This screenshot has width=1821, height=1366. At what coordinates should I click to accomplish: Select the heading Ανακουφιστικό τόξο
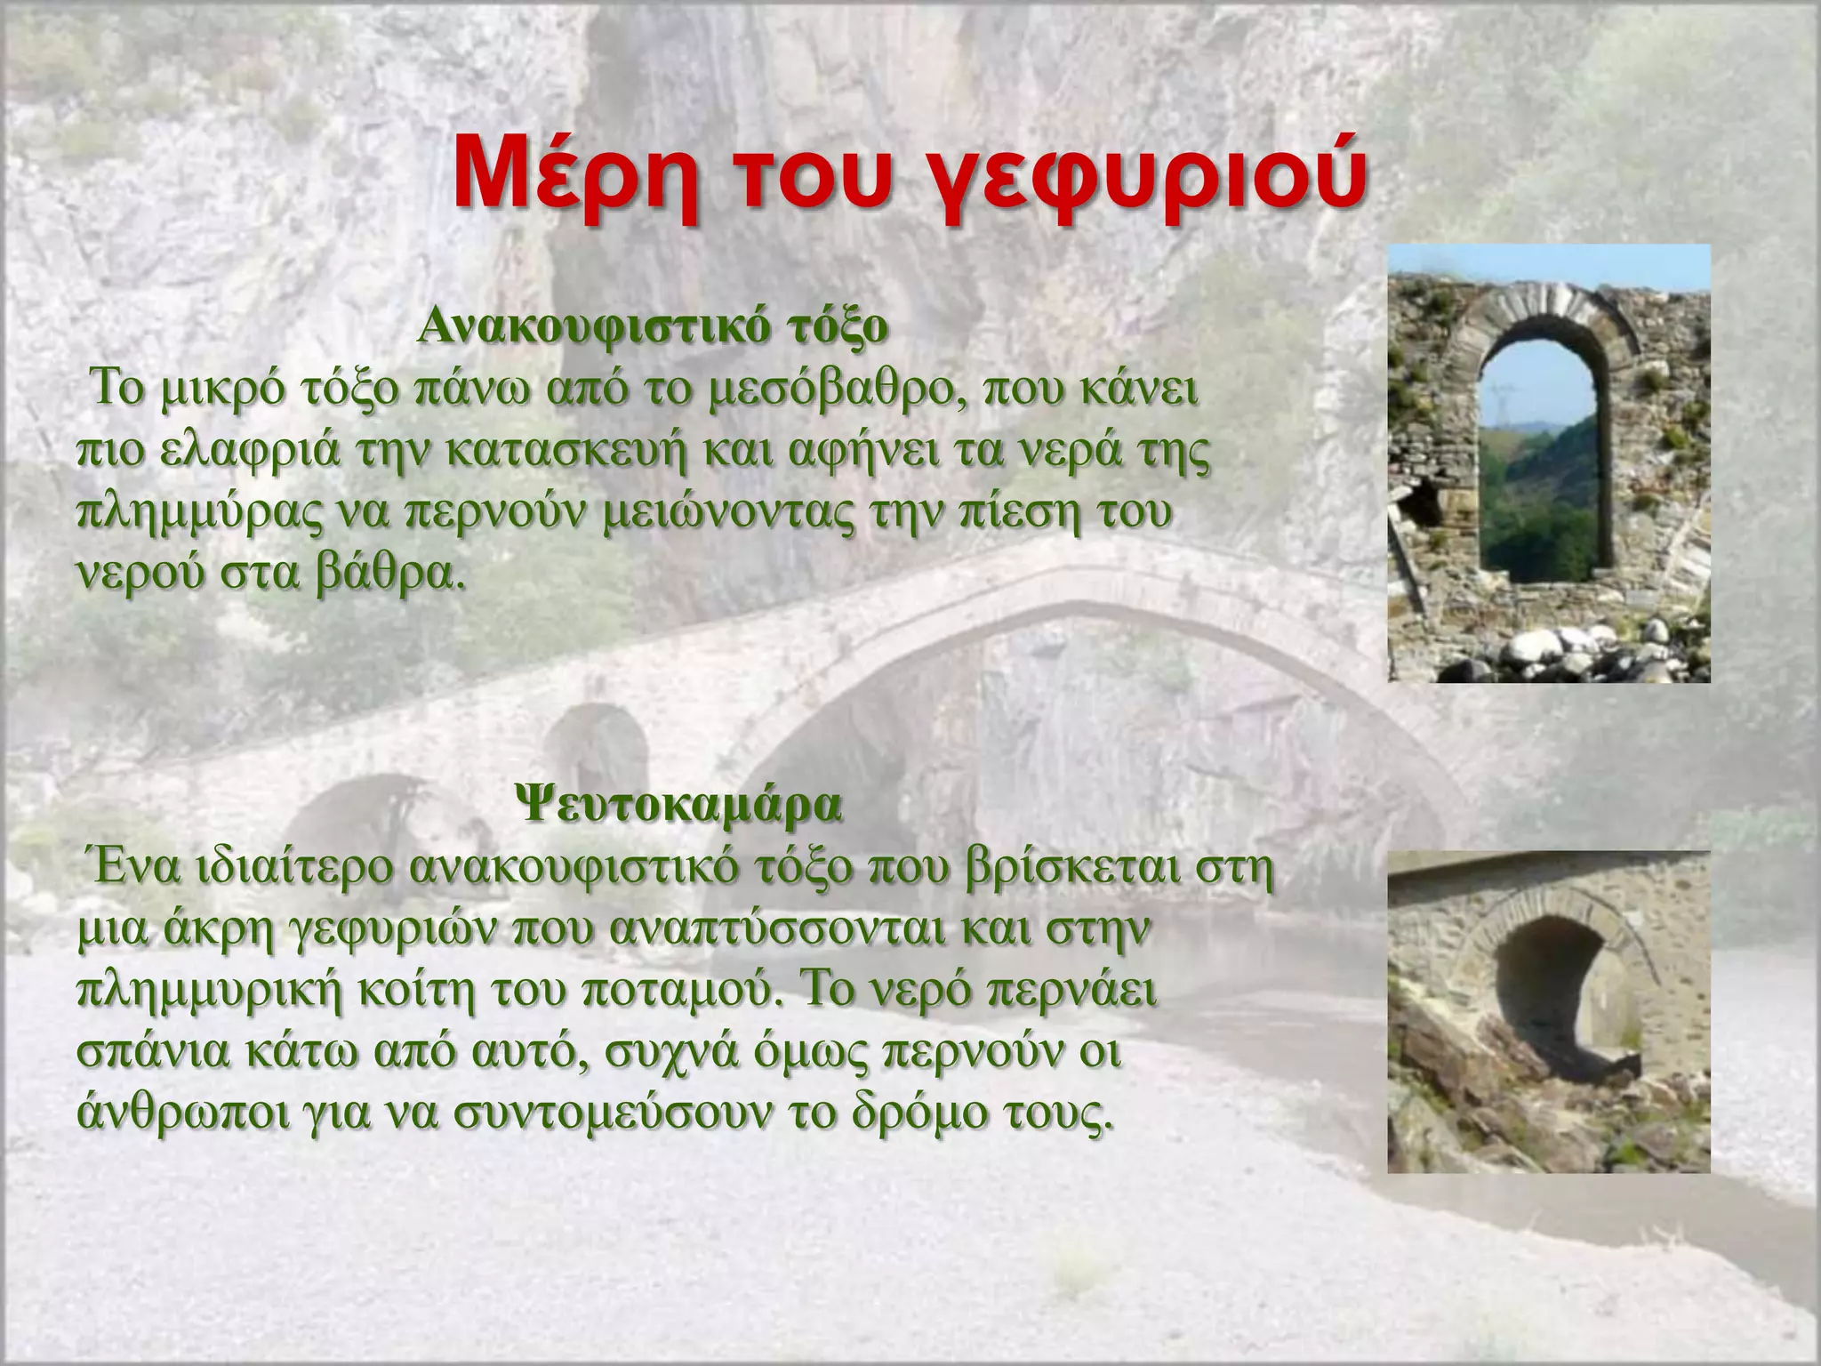(x=653, y=328)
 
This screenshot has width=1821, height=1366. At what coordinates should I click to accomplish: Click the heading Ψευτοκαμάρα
(x=678, y=807)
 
